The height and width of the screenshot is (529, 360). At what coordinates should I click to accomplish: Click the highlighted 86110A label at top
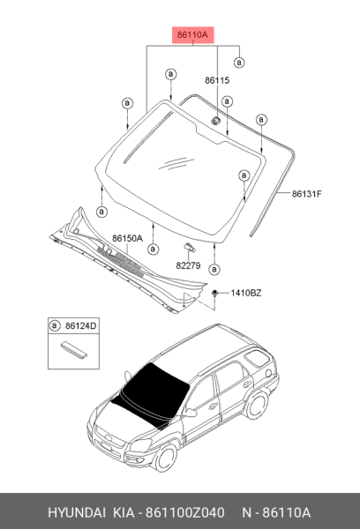(193, 34)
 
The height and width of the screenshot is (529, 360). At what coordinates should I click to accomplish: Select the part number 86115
(217, 80)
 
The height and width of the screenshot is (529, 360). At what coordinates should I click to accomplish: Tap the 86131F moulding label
(307, 194)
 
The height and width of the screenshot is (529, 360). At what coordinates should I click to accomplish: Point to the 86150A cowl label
(127, 238)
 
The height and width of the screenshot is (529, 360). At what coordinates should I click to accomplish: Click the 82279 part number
(188, 265)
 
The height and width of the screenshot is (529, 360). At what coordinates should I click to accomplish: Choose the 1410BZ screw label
(246, 293)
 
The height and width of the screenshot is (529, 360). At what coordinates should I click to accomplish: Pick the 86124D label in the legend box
(80, 326)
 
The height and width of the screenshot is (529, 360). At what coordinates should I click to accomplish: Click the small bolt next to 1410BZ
(214, 294)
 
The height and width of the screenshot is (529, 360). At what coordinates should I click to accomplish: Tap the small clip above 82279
(190, 247)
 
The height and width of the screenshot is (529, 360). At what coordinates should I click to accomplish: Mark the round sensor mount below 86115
(215, 120)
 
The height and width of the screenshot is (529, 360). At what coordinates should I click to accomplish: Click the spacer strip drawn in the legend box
(74, 350)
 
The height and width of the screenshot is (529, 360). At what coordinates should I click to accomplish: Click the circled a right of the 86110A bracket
(239, 63)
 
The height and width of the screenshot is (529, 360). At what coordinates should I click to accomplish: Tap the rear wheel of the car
(257, 404)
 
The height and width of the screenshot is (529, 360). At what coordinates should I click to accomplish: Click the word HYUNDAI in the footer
(77, 512)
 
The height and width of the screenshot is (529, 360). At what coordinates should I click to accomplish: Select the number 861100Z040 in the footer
(184, 512)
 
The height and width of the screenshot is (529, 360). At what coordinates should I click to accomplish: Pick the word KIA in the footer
(124, 512)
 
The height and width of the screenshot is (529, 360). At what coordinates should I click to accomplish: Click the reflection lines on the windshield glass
(176, 163)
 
